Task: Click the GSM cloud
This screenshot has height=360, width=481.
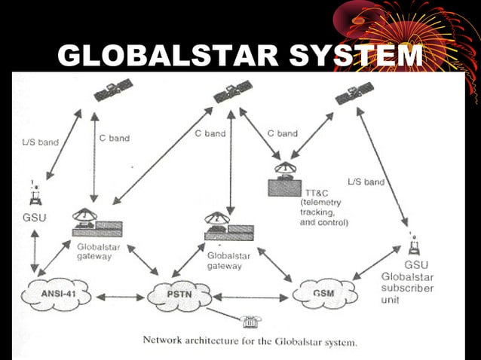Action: pos(325,292)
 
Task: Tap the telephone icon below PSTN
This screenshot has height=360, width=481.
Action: pos(250,322)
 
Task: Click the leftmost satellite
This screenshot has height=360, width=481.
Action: pos(113,90)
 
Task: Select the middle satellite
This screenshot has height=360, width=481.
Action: pos(233,93)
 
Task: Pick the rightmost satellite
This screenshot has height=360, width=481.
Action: pos(354,93)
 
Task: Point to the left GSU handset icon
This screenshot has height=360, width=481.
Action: pos(34,194)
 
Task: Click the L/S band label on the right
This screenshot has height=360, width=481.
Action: pos(366,182)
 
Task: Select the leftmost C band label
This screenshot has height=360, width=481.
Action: pos(115,138)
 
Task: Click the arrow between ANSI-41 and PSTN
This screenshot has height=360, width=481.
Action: pos(121,296)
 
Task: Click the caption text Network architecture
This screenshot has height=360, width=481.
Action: pos(191,340)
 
